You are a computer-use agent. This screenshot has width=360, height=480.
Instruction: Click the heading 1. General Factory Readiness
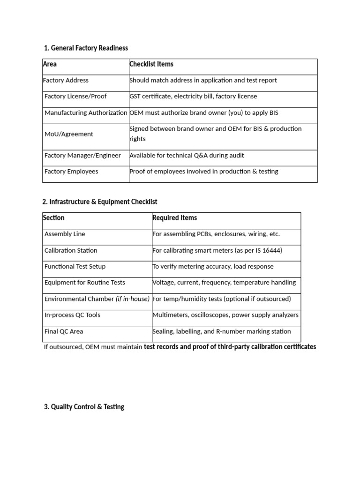(86, 48)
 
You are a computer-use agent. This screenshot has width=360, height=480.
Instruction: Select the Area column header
(50, 64)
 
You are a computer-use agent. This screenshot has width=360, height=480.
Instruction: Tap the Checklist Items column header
(151, 64)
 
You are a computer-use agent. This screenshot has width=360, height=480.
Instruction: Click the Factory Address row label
(66, 80)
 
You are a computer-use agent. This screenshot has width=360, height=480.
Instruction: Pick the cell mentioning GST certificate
(193, 96)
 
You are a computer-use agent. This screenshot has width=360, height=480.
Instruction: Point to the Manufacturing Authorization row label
(86, 112)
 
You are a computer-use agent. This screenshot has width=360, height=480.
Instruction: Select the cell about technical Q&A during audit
(187, 155)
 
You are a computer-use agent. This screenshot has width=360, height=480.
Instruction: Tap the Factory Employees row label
(71, 172)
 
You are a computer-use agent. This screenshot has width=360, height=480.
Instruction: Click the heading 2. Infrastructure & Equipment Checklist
(100, 202)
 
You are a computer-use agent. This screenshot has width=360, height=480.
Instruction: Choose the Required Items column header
(175, 217)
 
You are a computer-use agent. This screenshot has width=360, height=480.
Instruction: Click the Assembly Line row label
(65, 234)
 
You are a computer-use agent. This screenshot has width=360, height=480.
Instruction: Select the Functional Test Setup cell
(75, 266)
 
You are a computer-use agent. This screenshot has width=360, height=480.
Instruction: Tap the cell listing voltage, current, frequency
(224, 283)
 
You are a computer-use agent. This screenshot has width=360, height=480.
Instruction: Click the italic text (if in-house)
(133, 299)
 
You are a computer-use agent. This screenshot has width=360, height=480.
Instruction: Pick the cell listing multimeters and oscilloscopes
(225, 315)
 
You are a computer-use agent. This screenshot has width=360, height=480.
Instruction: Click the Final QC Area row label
(64, 331)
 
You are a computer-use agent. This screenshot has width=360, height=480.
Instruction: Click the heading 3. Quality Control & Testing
(84, 407)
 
